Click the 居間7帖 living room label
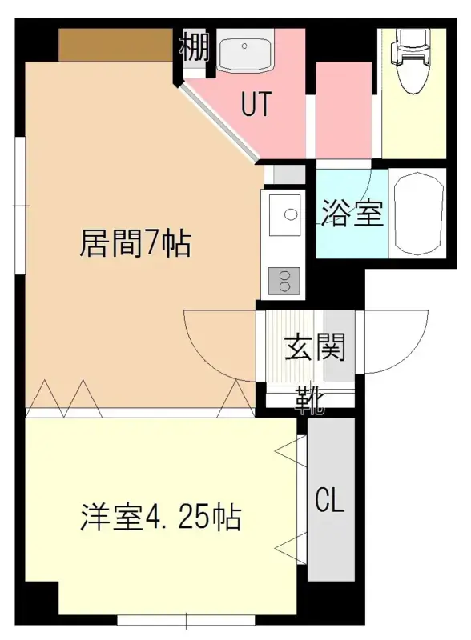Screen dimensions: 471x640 click(x=135, y=243)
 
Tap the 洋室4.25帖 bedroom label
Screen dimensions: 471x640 click(x=160, y=517)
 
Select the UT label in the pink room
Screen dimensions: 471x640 click(x=256, y=104)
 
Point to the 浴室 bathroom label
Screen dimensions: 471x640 click(x=352, y=213)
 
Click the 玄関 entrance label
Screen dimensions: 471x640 click(x=316, y=347)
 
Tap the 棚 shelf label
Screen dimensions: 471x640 click(x=195, y=46)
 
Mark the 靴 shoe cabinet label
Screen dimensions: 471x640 click(x=310, y=401)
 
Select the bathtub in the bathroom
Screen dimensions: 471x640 click(x=418, y=214)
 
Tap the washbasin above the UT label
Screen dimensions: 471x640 click(x=244, y=54)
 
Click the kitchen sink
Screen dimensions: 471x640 click(x=284, y=214)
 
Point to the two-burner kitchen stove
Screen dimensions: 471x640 click(x=284, y=281)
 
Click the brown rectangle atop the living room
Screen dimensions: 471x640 click(x=116, y=45)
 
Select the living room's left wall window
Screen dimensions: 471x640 click(x=19, y=206)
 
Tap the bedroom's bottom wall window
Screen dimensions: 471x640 click(x=187, y=621)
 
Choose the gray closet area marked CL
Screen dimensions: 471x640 click(x=331, y=499)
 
